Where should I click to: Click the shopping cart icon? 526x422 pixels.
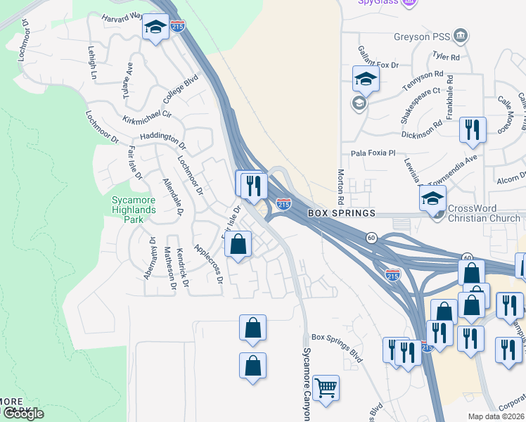click(326, 387)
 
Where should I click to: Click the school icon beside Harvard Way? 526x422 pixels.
click(154, 28)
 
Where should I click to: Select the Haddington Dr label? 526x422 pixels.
click(163, 140)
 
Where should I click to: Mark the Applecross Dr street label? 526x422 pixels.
click(209, 263)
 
